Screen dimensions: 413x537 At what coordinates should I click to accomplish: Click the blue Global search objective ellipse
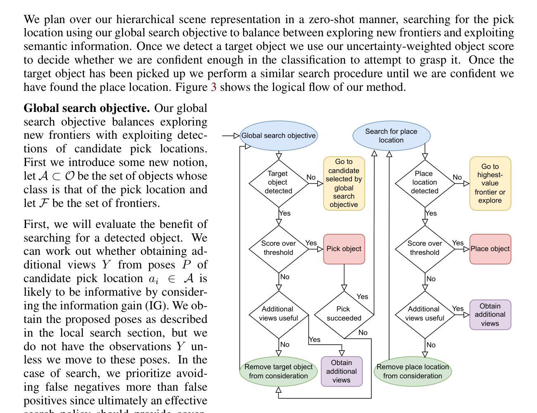pos(278,135)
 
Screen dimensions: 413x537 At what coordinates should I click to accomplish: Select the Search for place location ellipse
pos(391,135)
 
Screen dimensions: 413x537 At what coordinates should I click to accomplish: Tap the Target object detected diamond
pos(278,182)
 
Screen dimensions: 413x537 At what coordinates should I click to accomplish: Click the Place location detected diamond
pos(425,182)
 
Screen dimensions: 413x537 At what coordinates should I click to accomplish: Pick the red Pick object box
pos(344,249)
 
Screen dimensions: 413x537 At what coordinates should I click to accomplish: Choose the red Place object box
pos(490,249)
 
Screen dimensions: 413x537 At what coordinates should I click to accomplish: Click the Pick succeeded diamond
pos(344,314)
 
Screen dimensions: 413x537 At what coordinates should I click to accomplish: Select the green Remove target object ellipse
pos(278,371)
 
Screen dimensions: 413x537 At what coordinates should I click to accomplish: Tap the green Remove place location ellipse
pos(412,371)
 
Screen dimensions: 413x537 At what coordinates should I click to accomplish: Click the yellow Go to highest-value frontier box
pos(490,183)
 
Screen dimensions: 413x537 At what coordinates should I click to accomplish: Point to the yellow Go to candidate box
pos(344,183)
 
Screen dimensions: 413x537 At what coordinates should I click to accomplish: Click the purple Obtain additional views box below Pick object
pos(342,371)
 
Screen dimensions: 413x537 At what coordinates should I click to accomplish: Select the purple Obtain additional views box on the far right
pos(490,315)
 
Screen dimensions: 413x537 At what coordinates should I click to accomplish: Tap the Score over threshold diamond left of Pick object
pos(278,248)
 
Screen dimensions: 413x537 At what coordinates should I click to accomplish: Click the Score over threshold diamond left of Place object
pos(425,248)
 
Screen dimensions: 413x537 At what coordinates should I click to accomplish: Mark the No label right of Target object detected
pos(311,177)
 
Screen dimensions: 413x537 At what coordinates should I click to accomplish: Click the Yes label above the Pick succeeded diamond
pos(362,297)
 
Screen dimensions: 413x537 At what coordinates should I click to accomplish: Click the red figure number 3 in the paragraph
pos(214,87)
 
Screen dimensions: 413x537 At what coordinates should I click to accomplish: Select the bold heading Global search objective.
pos(87,108)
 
